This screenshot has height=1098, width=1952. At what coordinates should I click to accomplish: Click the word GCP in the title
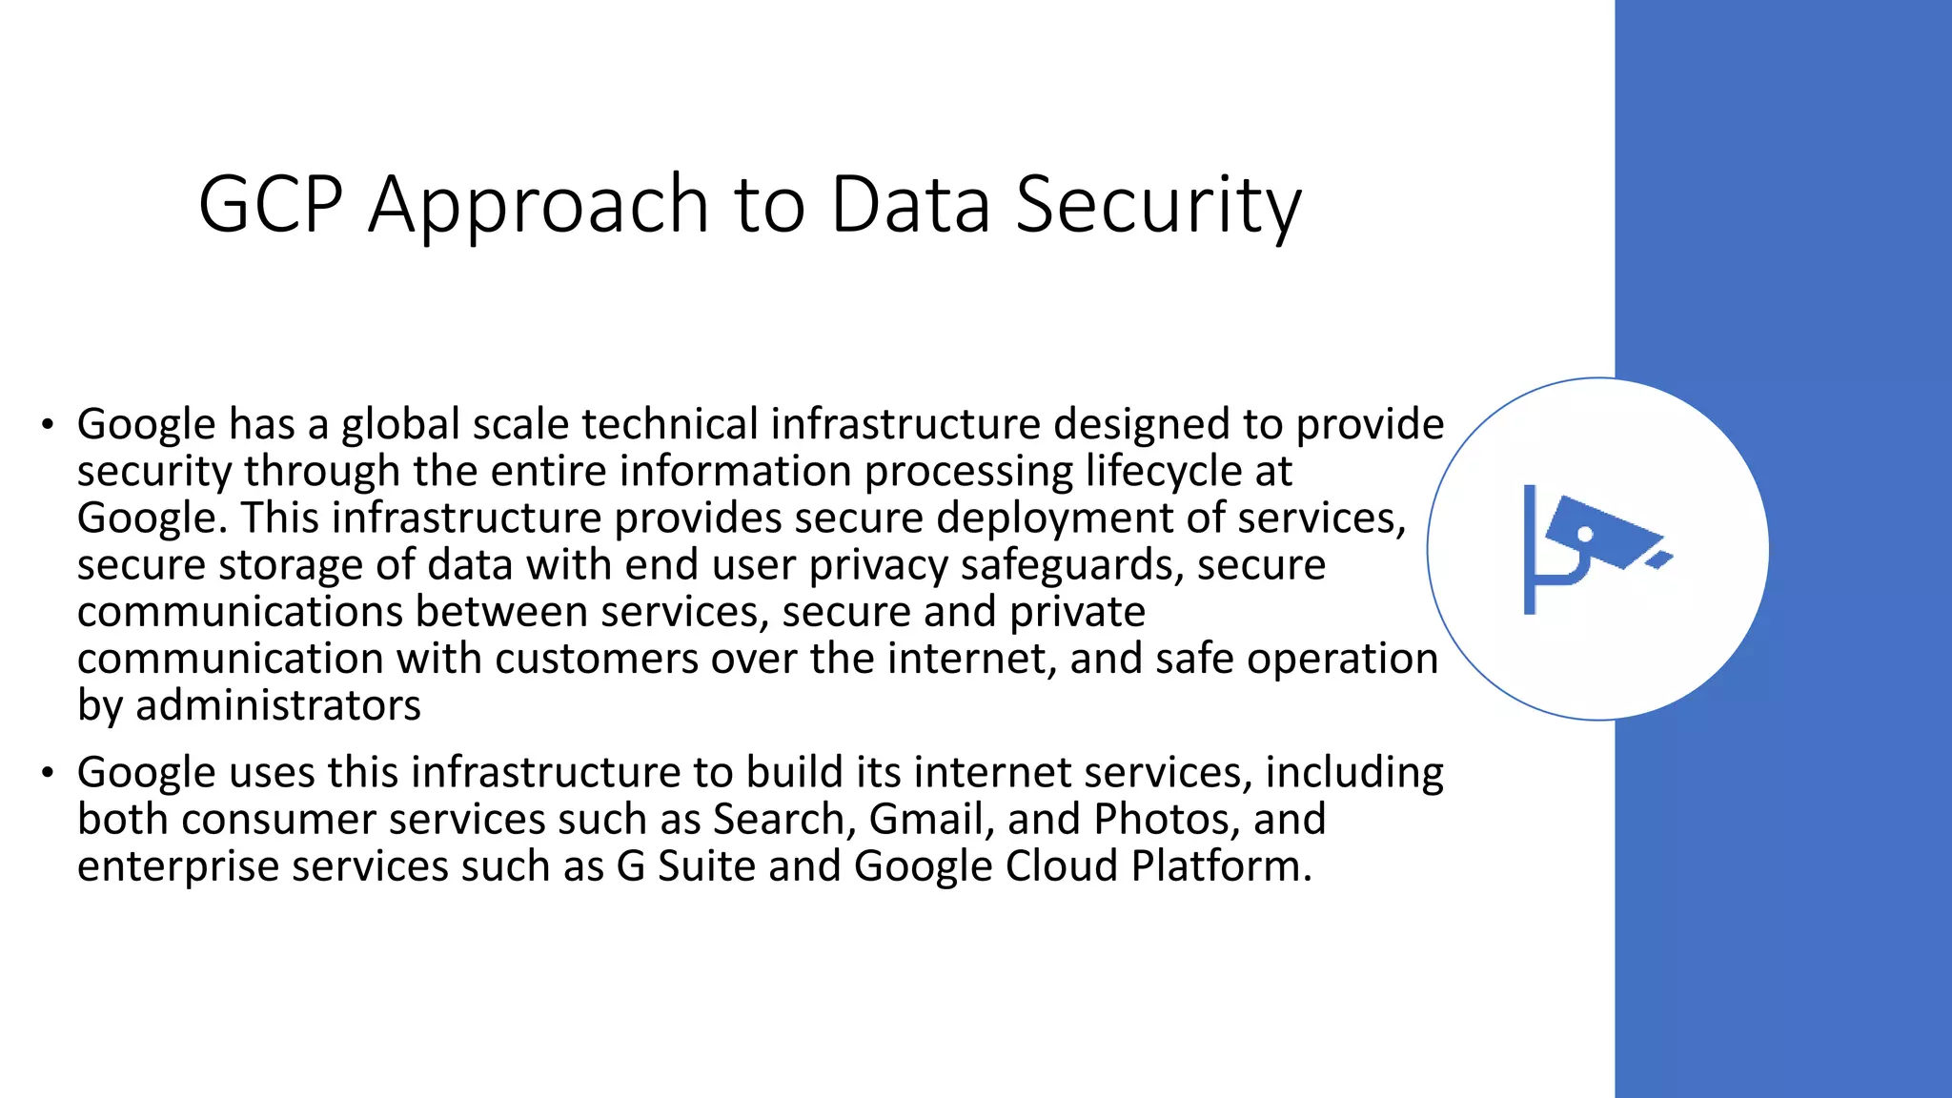tap(270, 205)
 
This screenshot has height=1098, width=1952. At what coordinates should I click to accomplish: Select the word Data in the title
tap(910, 205)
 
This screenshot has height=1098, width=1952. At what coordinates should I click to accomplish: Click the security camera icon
tap(1596, 548)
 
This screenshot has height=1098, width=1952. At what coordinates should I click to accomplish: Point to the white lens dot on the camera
tap(1585, 535)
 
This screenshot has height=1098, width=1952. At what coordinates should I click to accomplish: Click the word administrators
tap(277, 705)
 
